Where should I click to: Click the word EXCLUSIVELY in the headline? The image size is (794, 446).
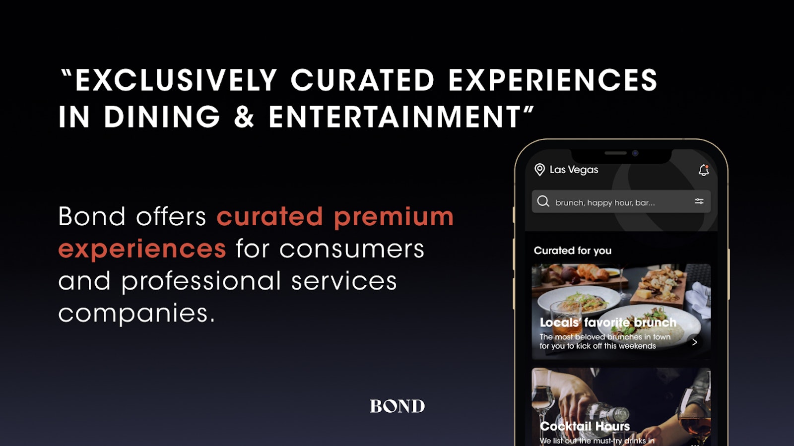176,80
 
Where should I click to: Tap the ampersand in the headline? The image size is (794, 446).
244,116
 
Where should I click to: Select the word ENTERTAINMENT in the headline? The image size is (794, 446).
395,116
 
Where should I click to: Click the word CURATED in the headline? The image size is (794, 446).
363,80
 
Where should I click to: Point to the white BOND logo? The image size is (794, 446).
397,406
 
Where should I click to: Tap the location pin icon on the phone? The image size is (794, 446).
539,170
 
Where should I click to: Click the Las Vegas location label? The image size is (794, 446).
574,170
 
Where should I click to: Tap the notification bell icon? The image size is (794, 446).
704,170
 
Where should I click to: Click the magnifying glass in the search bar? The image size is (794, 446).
543,201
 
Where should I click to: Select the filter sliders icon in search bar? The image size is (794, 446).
699,201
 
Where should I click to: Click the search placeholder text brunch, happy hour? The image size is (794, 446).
594,202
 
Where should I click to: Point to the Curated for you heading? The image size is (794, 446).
573,251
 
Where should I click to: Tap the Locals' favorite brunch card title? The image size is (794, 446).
608,322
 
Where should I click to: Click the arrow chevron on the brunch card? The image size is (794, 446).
694,342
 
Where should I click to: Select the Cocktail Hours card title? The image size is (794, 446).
585,426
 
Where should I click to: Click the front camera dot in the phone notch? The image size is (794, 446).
635,153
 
